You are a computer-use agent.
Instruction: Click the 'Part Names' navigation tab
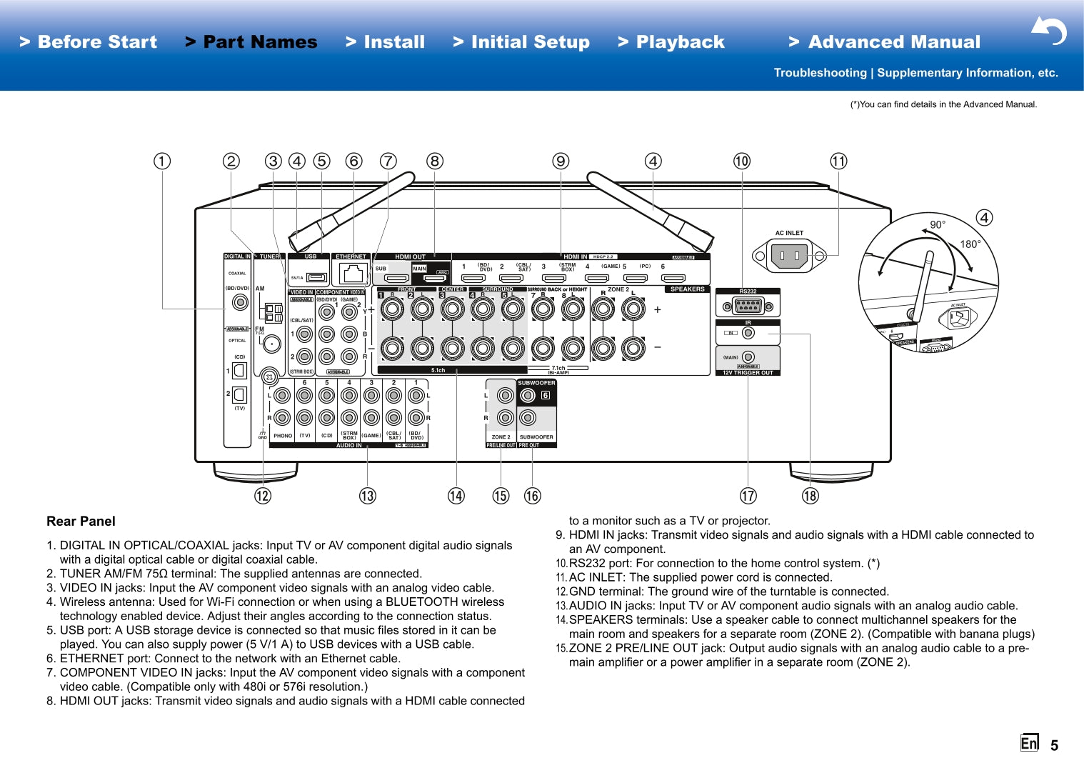pos(251,42)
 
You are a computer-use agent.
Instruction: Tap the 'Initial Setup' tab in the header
pos(521,42)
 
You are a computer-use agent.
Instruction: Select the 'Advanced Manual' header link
pos(885,42)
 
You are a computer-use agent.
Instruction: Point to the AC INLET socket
pos(789,255)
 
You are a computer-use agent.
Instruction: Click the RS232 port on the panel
pos(748,306)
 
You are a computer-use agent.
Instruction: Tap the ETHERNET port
pos(351,274)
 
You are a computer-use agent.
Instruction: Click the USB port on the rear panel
pos(316,277)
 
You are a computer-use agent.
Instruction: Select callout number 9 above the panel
pos(561,161)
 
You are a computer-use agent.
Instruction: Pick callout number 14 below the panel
pos(456,496)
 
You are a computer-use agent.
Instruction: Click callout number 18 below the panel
pos(810,496)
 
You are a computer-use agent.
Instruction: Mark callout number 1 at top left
pos(162,161)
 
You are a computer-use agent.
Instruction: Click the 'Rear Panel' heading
pos(81,522)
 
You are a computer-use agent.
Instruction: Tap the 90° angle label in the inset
pos(937,224)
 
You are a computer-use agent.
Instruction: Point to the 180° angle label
pos(970,244)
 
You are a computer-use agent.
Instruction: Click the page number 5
pos(1054,746)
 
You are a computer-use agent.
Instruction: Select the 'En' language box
pos(1029,743)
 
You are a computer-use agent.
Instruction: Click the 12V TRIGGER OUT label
pos(748,373)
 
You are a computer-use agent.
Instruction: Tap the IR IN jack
pos(748,333)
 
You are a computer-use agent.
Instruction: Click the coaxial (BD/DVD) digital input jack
pos(241,302)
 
